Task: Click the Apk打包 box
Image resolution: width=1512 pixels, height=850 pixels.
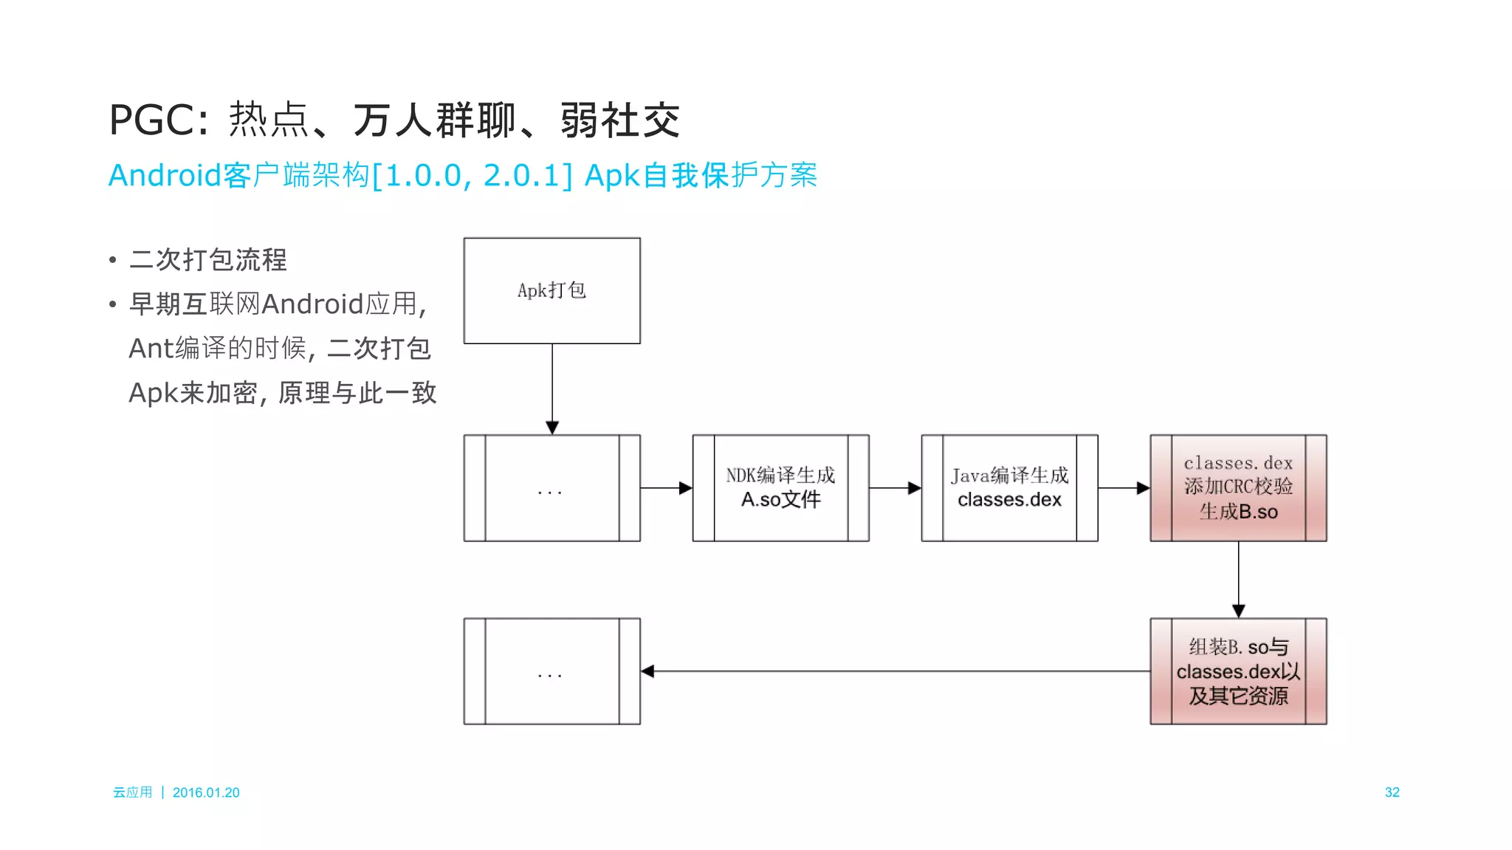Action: tap(551, 290)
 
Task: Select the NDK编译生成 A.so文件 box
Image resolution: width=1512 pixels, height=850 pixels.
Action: tap(780, 487)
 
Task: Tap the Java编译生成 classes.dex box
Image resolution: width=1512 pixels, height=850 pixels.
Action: tap(1009, 487)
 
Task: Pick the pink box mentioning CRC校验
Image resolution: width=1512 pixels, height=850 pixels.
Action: tap(1238, 487)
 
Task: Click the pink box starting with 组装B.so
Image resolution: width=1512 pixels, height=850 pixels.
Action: tap(1238, 671)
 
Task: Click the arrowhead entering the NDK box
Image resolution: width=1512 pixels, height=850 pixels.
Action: tap(686, 487)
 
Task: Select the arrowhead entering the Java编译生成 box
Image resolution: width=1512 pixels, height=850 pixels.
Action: tap(915, 487)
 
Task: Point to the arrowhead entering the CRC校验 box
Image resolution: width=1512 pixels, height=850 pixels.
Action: tap(1144, 487)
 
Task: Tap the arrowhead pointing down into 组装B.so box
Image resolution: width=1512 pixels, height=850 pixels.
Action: tap(1238, 611)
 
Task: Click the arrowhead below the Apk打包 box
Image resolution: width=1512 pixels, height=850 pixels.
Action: tap(551, 428)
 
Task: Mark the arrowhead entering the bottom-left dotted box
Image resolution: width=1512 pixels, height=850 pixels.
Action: tap(648, 671)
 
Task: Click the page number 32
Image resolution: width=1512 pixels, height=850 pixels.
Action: tap(1392, 792)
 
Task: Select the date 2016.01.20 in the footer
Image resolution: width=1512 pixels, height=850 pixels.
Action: tap(206, 792)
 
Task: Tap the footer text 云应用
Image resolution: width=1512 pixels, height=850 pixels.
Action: tap(132, 792)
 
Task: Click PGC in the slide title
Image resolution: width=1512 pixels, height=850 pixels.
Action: tap(153, 120)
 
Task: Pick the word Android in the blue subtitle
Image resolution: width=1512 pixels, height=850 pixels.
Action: tap(165, 176)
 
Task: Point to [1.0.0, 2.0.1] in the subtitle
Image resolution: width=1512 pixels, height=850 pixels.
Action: tap(472, 176)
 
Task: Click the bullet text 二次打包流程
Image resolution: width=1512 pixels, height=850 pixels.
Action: tap(207, 260)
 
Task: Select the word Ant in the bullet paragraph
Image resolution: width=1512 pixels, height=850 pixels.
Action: tap(151, 349)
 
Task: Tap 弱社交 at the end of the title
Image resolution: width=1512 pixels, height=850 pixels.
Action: tap(619, 120)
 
